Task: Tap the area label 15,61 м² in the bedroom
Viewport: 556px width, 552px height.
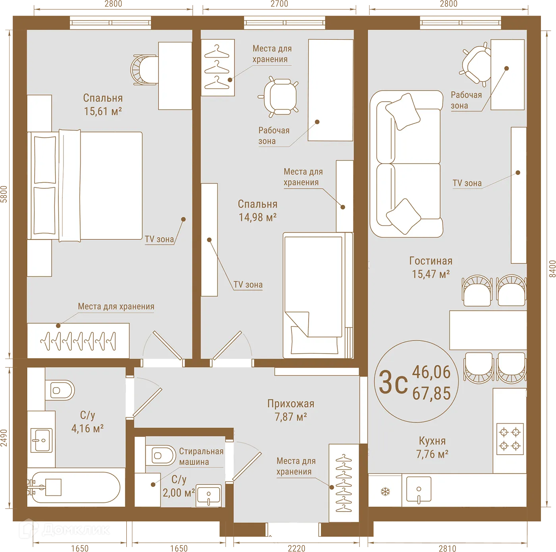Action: [102, 112]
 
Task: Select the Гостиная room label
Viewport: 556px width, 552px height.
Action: [431, 261]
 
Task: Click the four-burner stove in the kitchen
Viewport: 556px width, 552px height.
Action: [510, 439]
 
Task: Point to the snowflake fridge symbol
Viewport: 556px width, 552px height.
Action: [385, 492]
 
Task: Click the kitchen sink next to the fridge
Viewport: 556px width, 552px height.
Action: [419, 489]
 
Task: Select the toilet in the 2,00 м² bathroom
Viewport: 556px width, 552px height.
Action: [160, 455]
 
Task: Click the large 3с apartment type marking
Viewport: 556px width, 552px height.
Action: [393, 382]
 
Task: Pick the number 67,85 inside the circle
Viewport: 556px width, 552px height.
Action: [431, 394]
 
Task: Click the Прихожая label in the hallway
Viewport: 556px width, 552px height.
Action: [291, 404]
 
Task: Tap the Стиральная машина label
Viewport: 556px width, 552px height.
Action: [201, 457]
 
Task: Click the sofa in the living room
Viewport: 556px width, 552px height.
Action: [406, 164]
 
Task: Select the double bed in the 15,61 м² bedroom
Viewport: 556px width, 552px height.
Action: [85, 186]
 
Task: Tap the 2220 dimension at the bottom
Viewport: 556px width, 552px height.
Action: [296, 548]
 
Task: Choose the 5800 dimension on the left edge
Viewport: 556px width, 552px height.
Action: [4, 194]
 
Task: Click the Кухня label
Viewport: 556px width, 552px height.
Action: [432, 441]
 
